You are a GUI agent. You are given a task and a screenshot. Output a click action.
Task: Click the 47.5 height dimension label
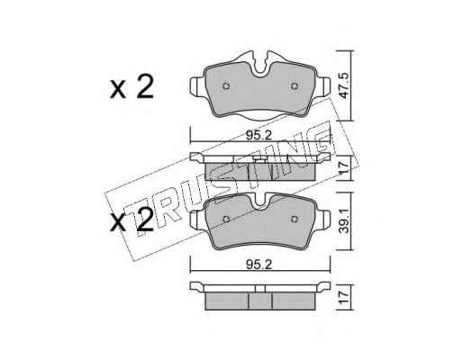tap(343, 85)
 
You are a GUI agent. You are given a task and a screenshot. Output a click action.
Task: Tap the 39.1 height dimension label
tap(344, 221)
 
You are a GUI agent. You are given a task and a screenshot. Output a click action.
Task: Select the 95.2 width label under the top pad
tap(259, 136)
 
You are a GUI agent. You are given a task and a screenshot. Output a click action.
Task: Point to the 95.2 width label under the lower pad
tap(259, 265)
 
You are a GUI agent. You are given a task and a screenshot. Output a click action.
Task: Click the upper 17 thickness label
tap(344, 168)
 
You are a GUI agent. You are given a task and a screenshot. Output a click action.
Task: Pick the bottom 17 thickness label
tap(344, 297)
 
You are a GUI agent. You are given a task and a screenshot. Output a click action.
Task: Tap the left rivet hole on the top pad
tap(226, 86)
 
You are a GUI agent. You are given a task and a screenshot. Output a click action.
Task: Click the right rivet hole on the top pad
tap(294, 86)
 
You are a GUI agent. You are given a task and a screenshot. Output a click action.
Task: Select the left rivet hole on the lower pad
tap(226, 220)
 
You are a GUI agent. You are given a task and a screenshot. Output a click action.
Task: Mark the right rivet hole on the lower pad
tap(294, 220)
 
